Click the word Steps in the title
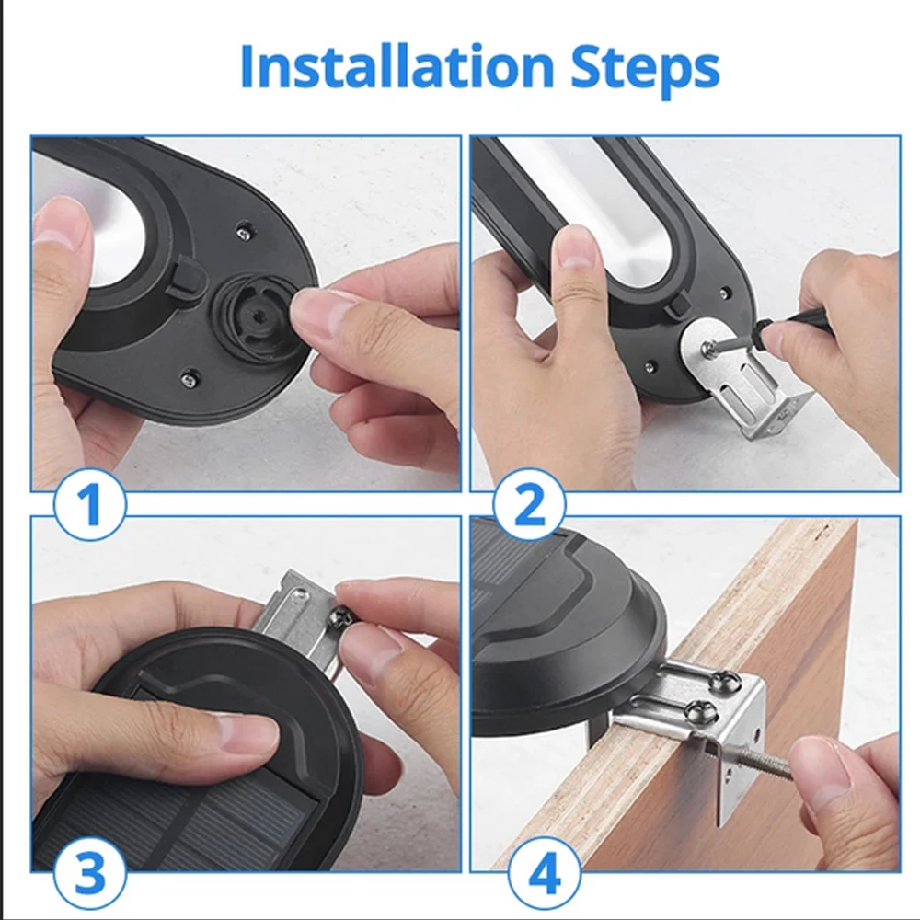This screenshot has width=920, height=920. [x=645, y=69]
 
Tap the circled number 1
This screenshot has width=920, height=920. [x=90, y=504]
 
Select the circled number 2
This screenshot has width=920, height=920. [x=529, y=504]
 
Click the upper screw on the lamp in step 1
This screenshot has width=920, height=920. [x=244, y=232]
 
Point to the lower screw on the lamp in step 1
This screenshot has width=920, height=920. [x=189, y=380]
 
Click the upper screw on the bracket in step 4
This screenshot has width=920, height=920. [x=724, y=681]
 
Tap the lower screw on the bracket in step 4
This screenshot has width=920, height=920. [x=703, y=712]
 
